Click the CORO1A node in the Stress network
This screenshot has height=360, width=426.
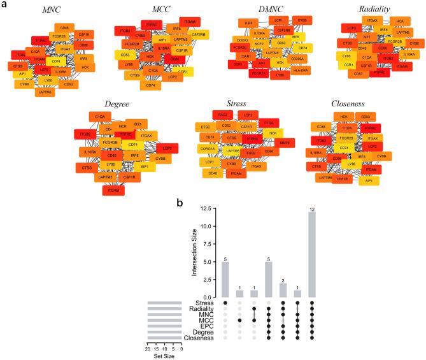[x=208, y=149]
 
